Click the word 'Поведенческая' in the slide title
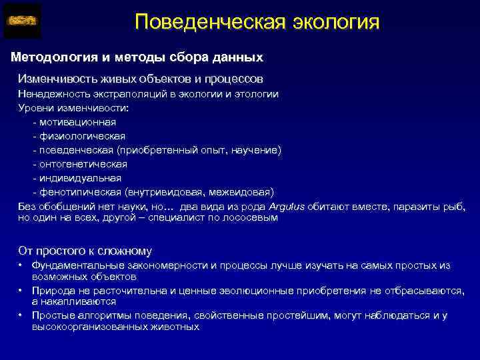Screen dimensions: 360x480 point(210,21)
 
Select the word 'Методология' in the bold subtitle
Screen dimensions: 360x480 point(52,58)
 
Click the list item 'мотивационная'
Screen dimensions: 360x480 point(77,122)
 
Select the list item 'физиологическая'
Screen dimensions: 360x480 point(82,136)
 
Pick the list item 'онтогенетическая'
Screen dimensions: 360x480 point(83,164)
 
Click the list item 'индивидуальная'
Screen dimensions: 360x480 point(80,178)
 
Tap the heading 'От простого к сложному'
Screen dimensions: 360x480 point(85,251)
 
